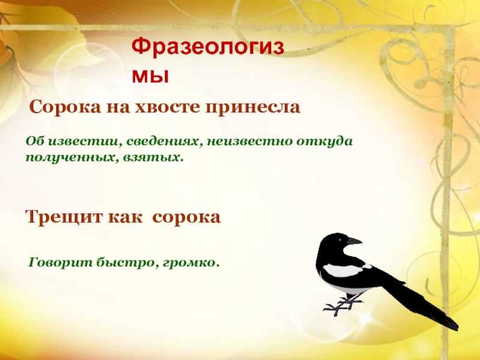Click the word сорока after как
pyautogui.click(x=187, y=217)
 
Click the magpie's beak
pyautogui.click(x=355, y=241)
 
